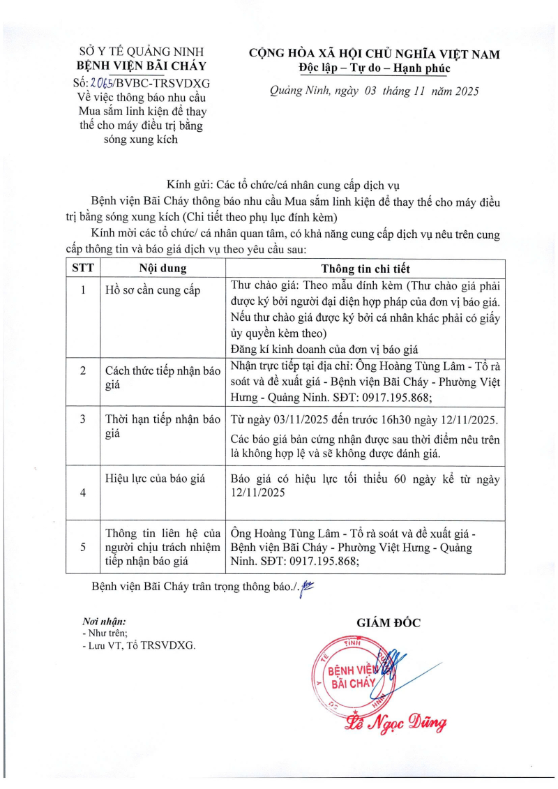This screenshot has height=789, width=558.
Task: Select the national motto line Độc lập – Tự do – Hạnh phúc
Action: (x=374, y=69)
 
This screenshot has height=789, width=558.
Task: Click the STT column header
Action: (x=83, y=269)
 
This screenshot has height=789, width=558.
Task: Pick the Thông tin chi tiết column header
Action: (x=365, y=269)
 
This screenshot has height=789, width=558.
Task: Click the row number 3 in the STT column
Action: (x=83, y=420)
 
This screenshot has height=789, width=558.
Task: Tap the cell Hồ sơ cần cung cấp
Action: (x=153, y=291)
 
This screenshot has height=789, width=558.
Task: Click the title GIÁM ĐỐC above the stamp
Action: (x=389, y=623)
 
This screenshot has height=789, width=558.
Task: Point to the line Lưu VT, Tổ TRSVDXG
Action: (x=139, y=645)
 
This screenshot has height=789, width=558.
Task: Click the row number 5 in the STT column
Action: (x=83, y=548)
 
